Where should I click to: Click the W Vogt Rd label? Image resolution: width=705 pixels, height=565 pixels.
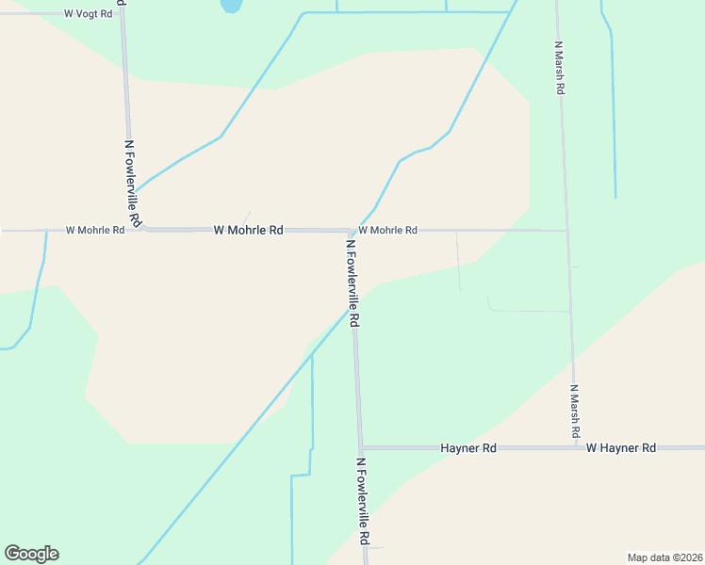click(x=87, y=14)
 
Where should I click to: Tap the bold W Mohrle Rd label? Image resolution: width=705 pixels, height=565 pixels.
click(x=249, y=230)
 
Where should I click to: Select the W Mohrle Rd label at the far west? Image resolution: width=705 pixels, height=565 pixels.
click(x=95, y=230)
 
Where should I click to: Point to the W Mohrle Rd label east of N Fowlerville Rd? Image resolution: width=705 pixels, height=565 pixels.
click(x=387, y=230)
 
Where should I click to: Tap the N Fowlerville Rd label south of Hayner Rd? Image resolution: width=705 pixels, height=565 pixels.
click(x=362, y=502)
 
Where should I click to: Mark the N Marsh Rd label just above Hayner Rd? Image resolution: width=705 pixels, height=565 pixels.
click(x=574, y=412)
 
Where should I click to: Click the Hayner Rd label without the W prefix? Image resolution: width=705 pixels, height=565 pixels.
click(x=468, y=448)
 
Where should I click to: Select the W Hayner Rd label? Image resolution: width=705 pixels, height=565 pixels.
click(x=620, y=448)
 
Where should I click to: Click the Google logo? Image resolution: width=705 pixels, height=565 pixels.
click(x=31, y=554)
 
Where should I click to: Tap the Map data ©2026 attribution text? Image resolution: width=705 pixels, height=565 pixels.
click(x=664, y=557)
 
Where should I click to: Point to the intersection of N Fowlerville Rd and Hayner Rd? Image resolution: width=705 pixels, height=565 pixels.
click(x=360, y=448)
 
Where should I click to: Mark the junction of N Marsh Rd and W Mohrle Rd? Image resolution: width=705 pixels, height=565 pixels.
click(x=566, y=230)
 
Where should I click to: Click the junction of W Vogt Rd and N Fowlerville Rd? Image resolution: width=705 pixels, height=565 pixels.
click(x=122, y=14)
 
